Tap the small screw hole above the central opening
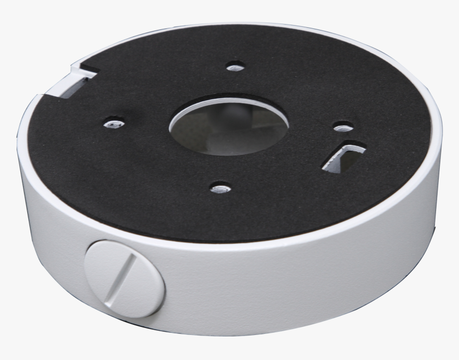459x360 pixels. pos(232,68)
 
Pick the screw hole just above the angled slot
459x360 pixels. pos(342,127)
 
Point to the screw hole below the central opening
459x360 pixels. pos(219,188)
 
